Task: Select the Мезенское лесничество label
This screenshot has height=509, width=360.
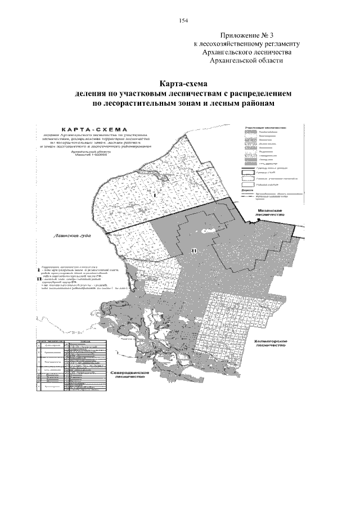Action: click(266, 211)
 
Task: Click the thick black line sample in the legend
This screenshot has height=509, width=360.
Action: click(250, 169)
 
